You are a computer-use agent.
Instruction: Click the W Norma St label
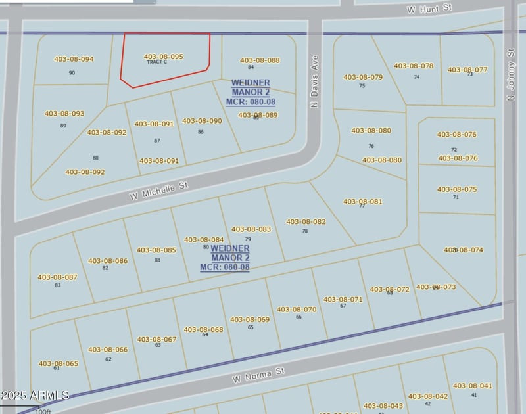pyautogui.click(x=258, y=375)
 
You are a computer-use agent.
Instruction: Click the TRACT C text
pyautogui.click(x=157, y=62)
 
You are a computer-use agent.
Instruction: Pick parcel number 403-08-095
pyautogui.click(x=163, y=57)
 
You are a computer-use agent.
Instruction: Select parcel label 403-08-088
pyautogui.click(x=260, y=60)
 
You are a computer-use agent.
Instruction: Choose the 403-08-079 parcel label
pyautogui.click(x=363, y=77)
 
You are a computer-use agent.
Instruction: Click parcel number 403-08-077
pyautogui.click(x=467, y=70)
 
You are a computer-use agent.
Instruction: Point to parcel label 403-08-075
pyautogui.click(x=457, y=189)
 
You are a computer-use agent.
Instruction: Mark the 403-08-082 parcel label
pyautogui.click(x=306, y=222)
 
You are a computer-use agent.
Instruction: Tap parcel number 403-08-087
pyautogui.click(x=57, y=277)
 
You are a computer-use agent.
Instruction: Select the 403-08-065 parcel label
pyautogui.click(x=59, y=363)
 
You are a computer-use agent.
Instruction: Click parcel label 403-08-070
pyautogui.click(x=297, y=310)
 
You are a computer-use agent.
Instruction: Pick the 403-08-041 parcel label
pyautogui.click(x=472, y=386)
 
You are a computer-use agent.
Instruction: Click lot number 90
pyautogui.click(x=72, y=72)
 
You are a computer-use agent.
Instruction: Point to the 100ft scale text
pyautogui.click(x=43, y=411)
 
